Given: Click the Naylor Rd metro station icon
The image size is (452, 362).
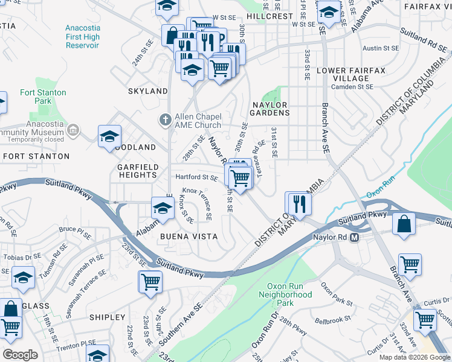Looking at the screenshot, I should [x=355, y=237].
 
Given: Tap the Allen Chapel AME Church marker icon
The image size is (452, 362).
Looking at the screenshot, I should [x=166, y=118].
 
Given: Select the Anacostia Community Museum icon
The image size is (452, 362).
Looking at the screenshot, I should [x=73, y=129].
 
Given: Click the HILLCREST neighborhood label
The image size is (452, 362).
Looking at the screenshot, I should [x=270, y=16].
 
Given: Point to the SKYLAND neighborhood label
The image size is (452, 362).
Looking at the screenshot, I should [x=147, y=91].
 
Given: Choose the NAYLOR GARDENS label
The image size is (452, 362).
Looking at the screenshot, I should [x=270, y=109].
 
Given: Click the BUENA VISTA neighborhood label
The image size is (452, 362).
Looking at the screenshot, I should [x=189, y=237].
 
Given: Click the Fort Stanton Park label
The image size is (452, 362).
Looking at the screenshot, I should [x=43, y=97].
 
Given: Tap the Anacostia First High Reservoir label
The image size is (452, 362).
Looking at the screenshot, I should [x=82, y=37].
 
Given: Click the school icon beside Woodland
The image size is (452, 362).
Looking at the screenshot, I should [x=109, y=136].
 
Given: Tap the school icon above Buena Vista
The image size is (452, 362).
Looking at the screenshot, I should [x=162, y=208].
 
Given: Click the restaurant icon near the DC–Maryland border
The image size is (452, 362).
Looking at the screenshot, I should [x=299, y=203].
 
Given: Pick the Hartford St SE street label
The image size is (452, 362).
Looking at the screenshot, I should [x=196, y=177].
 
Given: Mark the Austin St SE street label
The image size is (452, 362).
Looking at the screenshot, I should [x=382, y=47].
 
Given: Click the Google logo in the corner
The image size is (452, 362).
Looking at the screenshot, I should [x=21, y=354].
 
